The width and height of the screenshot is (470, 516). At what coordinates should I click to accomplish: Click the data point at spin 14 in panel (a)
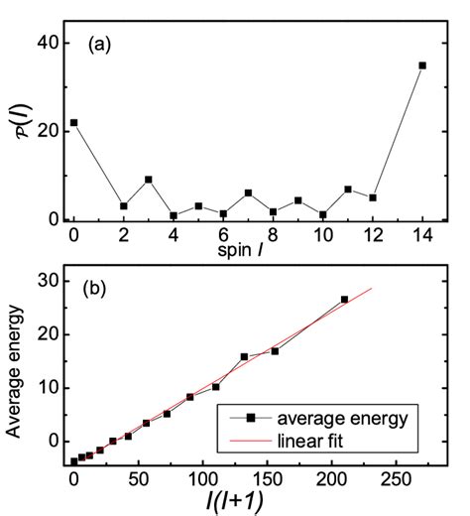click(422, 65)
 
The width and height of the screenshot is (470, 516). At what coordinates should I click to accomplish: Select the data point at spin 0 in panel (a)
click(73, 122)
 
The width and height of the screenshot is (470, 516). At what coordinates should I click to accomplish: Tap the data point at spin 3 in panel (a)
click(148, 180)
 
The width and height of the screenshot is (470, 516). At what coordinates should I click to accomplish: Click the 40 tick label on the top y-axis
click(47, 42)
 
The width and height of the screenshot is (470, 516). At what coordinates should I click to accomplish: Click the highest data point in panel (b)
click(344, 299)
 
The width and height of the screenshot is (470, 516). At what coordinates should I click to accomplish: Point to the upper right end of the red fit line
click(372, 289)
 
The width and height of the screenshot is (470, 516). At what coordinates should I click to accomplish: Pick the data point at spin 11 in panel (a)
click(348, 189)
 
